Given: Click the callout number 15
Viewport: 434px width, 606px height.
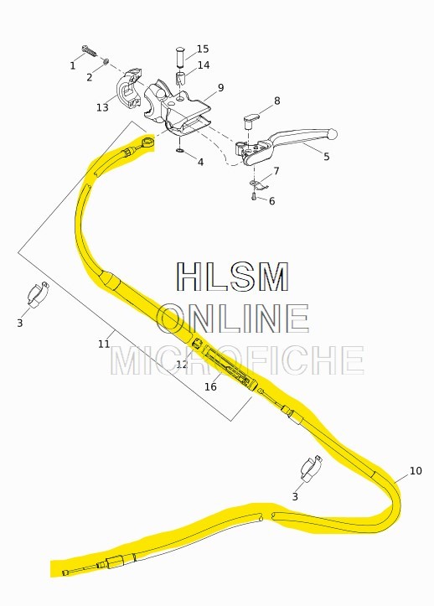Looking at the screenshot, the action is (203, 49).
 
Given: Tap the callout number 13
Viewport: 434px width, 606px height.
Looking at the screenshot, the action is (102, 107).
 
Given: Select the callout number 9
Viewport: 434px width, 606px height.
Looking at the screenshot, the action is (220, 88).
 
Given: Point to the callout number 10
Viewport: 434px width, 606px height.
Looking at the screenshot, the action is (416, 471).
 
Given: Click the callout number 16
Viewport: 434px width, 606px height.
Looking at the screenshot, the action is (210, 386).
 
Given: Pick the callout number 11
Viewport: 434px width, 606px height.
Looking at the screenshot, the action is (104, 344).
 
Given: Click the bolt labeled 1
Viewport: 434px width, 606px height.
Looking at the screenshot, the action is (90, 51).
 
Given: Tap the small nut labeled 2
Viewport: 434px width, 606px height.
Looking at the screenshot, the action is (106, 61).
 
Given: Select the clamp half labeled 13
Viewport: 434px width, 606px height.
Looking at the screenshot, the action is (128, 91).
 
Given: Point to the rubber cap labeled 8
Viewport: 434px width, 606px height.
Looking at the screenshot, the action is (251, 119).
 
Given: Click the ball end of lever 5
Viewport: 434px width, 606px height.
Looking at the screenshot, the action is (332, 134).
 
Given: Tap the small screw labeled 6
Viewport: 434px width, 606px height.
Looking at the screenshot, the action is (254, 196).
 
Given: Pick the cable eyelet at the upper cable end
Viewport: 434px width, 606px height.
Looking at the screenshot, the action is (148, 142).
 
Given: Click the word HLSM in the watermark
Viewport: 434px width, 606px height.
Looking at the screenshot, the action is (233, 277).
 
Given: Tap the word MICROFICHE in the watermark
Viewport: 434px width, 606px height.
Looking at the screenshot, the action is (238, 360).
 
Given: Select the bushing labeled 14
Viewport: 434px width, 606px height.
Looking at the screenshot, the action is (181, 80).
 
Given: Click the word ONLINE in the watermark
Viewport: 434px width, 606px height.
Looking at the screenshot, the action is (233, 319).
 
